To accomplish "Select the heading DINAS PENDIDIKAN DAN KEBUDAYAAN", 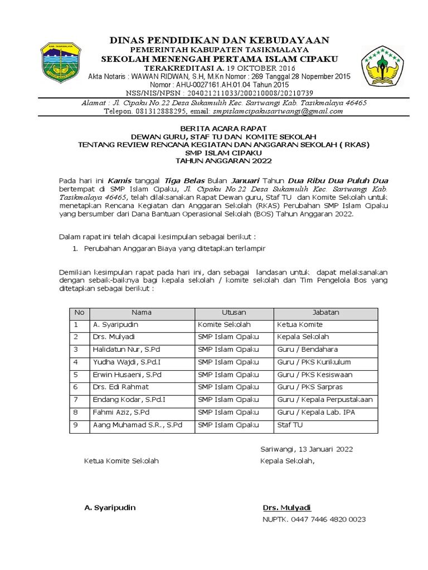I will (x=219, y=40).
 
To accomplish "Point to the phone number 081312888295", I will (x=166, y=111).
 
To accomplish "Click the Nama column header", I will (x=141, y=313).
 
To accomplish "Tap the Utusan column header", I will (x=234, y=313).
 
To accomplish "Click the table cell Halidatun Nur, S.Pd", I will (x=127, y=350).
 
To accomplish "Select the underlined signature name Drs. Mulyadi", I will (x=286, y=508).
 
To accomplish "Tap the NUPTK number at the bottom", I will (x=314, y=519).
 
